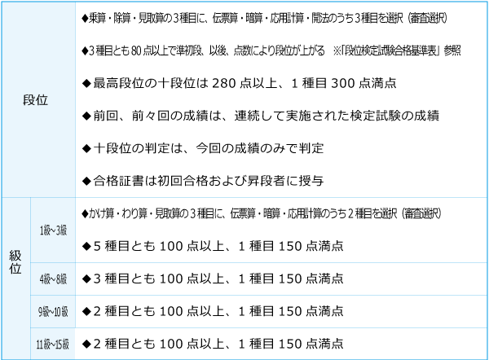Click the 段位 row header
[x=35, y=100]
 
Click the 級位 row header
[x=15, y=262]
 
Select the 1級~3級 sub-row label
[x=53, y=230]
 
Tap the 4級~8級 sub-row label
[x=53, y=279]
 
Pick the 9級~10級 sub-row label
[x=53, y=311]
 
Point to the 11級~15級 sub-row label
[x=53, y=344]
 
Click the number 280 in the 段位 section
[x=224, y=83]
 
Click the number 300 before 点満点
[x=343, y=83]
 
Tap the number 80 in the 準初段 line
[x=136, y=50]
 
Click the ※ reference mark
[x=337, y=50]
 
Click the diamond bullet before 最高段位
[x=86, y=83]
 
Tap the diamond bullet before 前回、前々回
[x=86, y=116]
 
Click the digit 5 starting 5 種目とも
[x=97, y=246]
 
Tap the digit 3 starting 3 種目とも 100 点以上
[x=97, y=279]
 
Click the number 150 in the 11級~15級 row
[x=290, y=344]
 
